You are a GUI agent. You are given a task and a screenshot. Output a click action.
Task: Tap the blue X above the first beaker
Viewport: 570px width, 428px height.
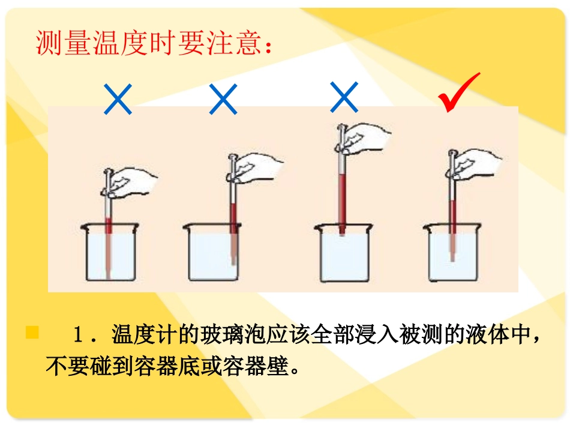coord(118,99)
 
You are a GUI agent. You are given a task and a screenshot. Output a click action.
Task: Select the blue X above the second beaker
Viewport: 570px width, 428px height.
coord(223,99)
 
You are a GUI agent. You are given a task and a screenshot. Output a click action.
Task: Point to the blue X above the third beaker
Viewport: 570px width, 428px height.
coord(344,98)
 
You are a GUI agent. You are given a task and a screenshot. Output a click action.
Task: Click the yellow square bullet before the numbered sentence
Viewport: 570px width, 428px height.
coord(32,333)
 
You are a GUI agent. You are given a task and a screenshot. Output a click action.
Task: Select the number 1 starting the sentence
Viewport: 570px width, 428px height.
coord(78,335)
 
